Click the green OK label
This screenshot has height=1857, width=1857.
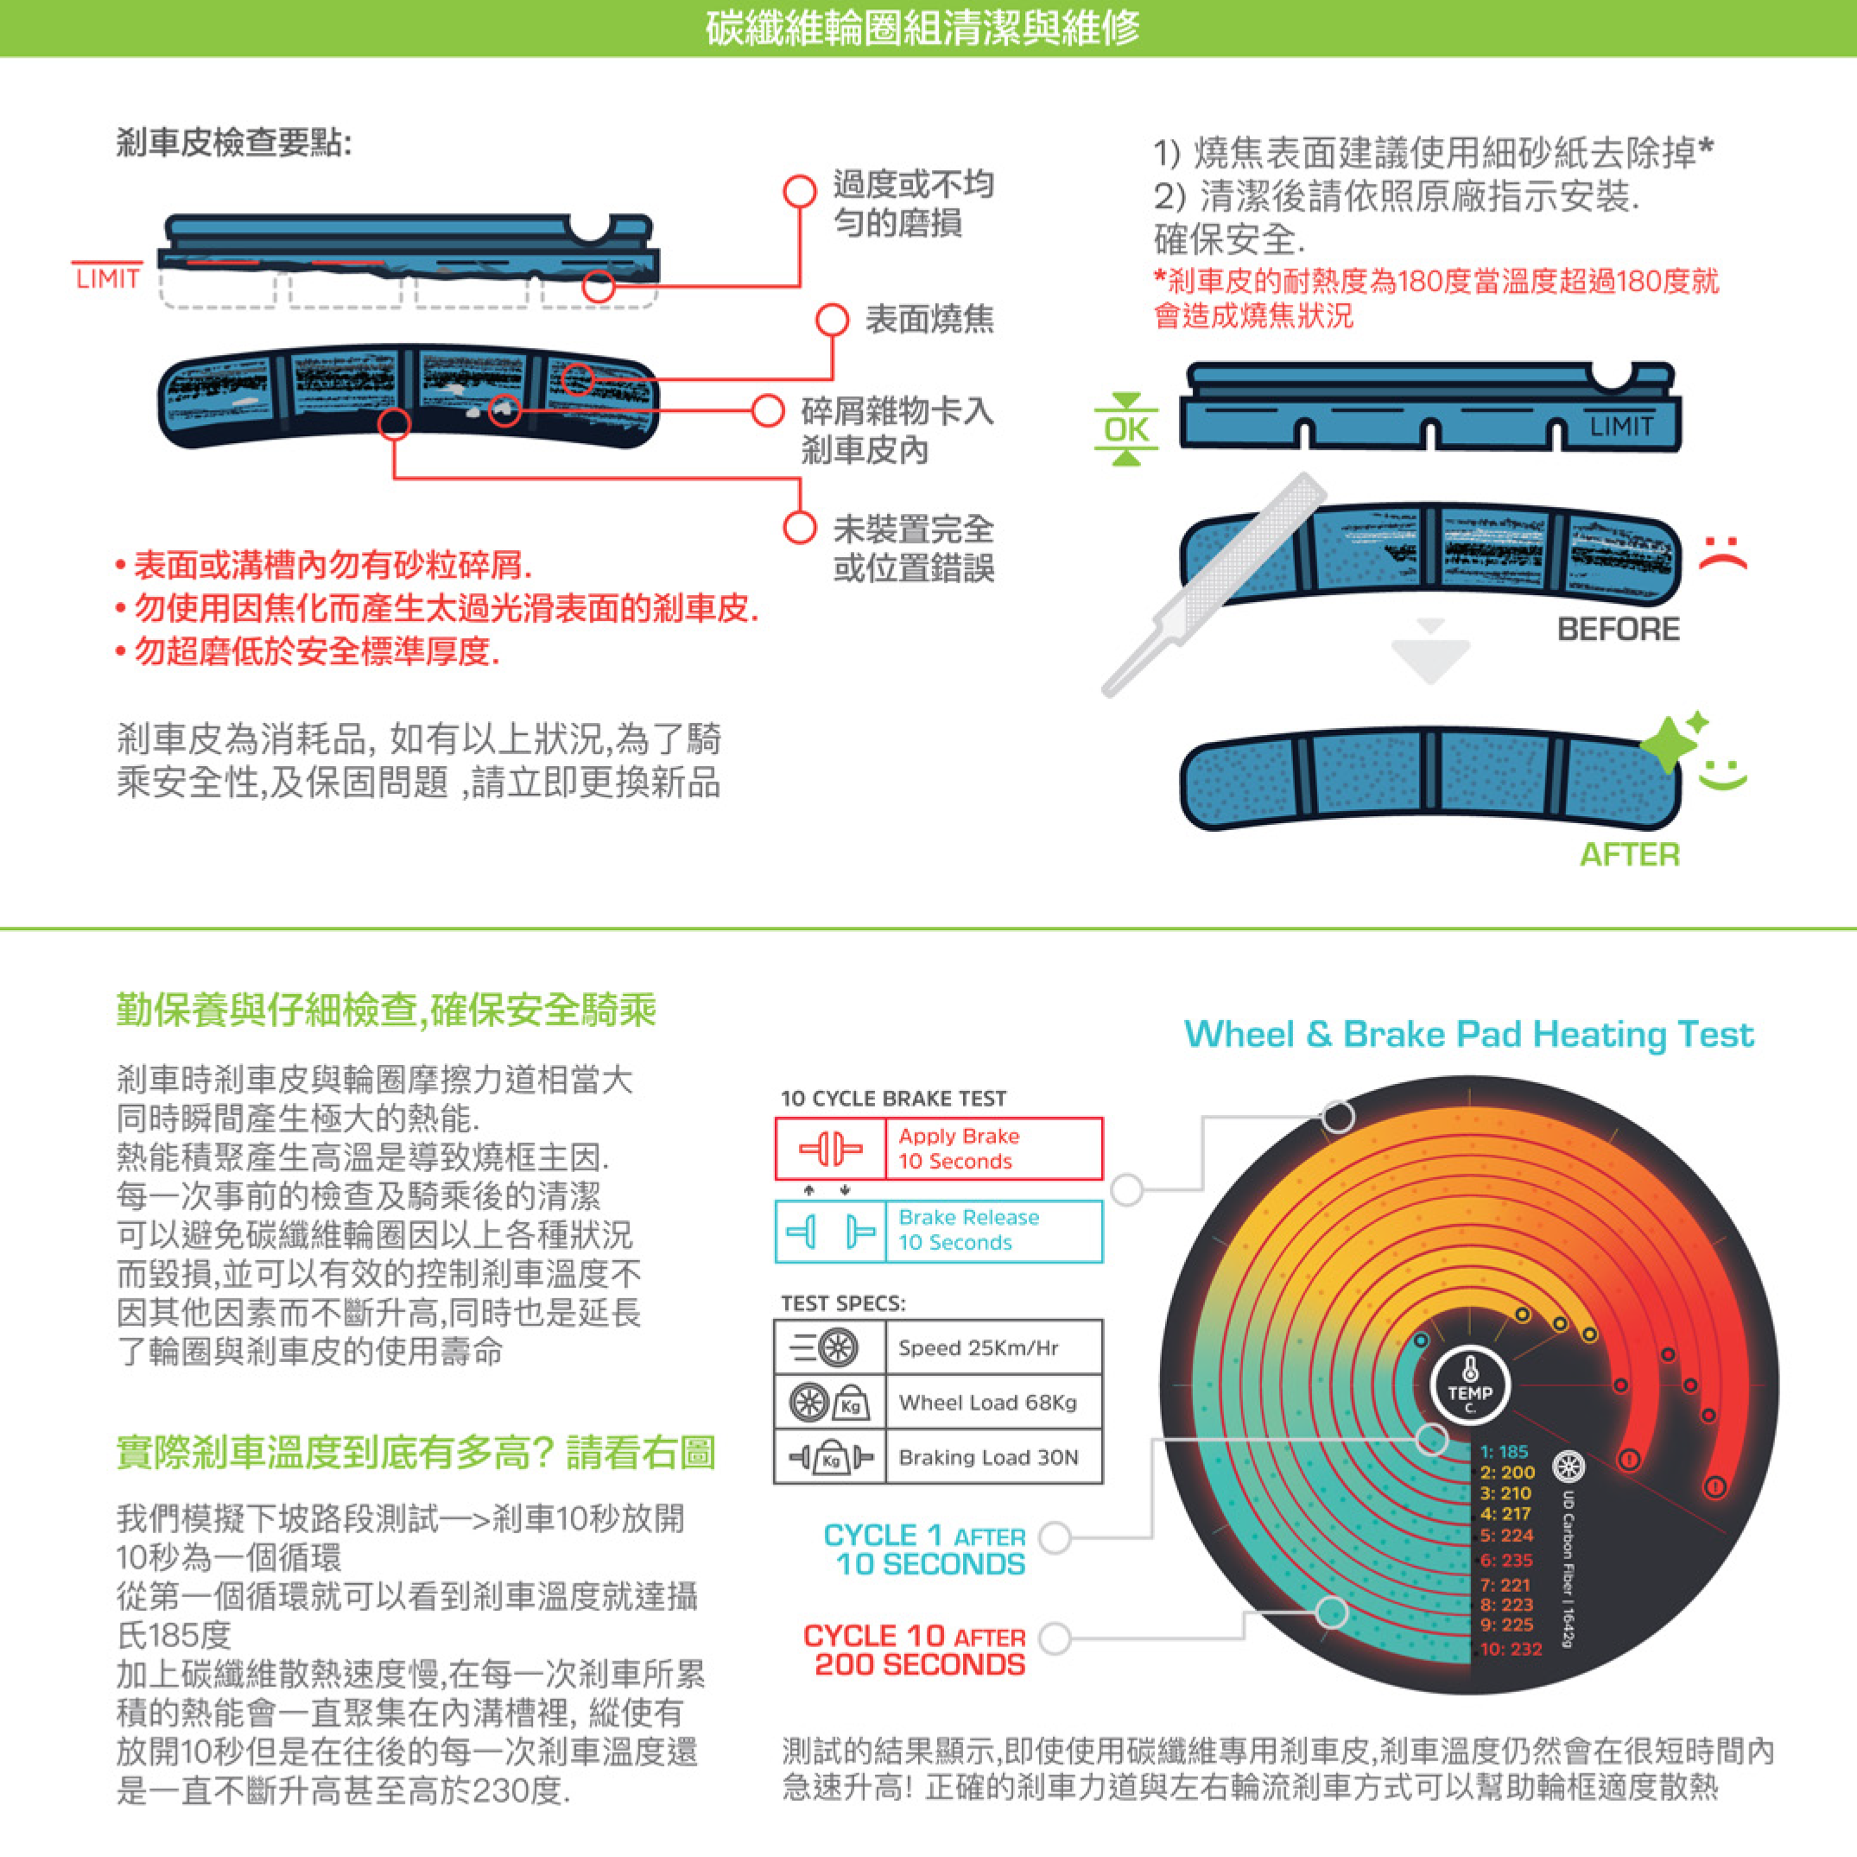(x=1125, y=428)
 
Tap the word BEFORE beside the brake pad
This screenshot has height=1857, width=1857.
(x=1619, y=630)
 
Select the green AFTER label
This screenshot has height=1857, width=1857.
(x=1629, y=854)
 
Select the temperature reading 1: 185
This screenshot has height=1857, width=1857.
(x=1505, y=1452)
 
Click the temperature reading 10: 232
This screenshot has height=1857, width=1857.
(x=1511, y=1650)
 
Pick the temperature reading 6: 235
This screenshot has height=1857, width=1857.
(x=1506, y=1560)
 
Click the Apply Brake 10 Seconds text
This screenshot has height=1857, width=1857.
(x=958, y=1149)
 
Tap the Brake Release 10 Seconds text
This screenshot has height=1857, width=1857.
(x=969, y=1229)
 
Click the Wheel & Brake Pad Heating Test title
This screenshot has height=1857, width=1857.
(x=1468, y=1034)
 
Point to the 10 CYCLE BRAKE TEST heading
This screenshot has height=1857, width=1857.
(x=893, y=1099)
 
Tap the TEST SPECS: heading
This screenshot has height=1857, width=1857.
(x=843, y=1303)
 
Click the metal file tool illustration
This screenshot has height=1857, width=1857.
(x=1213, y=585)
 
